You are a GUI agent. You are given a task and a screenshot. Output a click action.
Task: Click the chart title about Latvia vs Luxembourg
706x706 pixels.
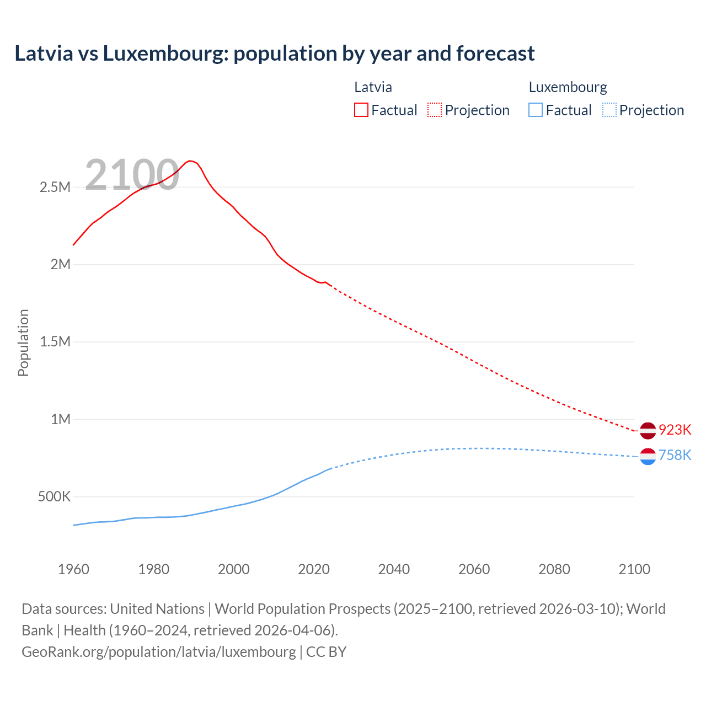(274, 54)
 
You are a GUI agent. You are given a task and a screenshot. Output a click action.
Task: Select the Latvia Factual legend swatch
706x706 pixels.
(361, 110)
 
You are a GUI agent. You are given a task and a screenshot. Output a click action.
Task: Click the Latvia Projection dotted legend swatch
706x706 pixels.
(435, 110)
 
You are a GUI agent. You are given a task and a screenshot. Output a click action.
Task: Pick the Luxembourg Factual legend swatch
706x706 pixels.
(536, 110)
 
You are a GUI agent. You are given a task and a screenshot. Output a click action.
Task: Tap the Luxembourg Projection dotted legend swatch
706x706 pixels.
(609, 110)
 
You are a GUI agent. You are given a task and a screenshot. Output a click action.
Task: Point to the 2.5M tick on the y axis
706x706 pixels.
(55, 187)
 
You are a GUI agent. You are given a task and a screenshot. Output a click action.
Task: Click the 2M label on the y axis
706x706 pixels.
(61, 264)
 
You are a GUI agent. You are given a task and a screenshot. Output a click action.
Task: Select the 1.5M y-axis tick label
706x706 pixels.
(55, 341)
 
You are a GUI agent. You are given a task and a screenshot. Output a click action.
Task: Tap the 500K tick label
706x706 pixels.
(54, 496)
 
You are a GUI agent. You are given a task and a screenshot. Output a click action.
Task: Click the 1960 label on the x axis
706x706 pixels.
(73, 569)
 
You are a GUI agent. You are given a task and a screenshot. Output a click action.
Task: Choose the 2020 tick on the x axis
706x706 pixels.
(314, 569)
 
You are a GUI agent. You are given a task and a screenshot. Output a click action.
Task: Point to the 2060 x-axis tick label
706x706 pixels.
(474, 569)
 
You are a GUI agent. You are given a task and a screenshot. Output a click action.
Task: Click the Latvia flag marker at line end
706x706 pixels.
(648, 430)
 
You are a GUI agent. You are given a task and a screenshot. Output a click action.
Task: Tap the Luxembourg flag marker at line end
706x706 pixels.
(648, 456)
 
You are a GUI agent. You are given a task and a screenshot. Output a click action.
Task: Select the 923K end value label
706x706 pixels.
(675, 430)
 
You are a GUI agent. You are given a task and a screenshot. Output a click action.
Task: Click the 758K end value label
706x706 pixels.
(675, 455)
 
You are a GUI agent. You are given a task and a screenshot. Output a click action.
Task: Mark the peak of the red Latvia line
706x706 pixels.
(190, 161)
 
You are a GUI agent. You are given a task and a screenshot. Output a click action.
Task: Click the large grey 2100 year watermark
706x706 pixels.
(132, 175)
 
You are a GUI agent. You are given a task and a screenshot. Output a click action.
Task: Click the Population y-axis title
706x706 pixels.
(23, 343)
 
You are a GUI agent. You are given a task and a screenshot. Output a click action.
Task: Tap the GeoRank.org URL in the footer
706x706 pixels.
(159, 651)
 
